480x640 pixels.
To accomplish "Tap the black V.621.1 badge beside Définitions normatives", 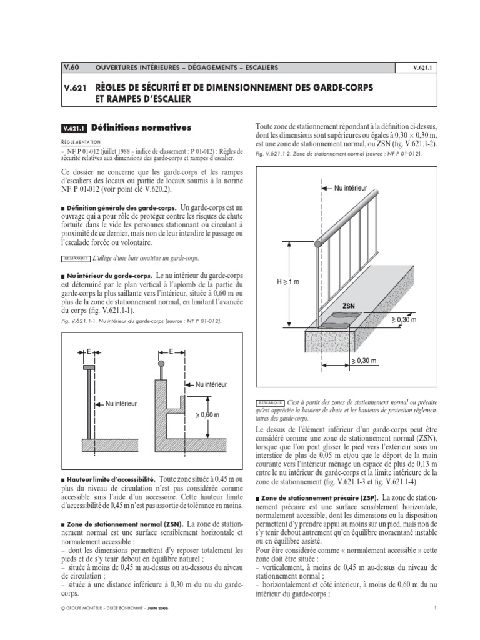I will point(76,129).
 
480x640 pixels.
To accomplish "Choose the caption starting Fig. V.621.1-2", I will point(338,154).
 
